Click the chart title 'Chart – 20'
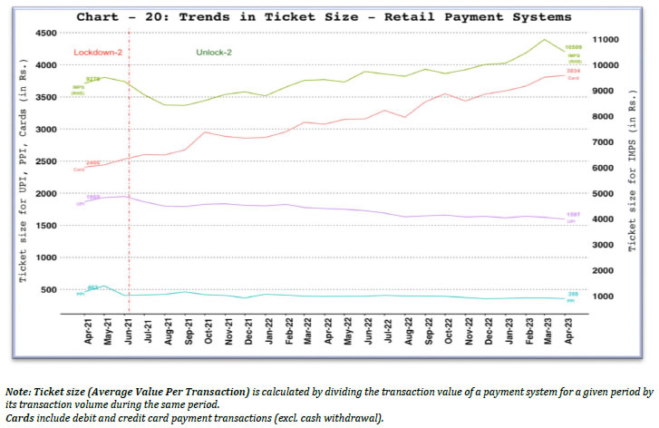click(x=324, y=17)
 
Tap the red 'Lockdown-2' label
click(x=97, y=53)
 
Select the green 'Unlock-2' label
click(x=215, y=53)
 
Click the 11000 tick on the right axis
click(x=604, y=40)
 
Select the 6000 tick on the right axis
click(x=601, y=168)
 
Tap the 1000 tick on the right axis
click(x=601, y=297)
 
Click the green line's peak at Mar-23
click(x=544, y=39)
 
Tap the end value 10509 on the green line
click(x=573, y=46)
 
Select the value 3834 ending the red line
click(x=573, y=71)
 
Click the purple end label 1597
click(x=573, y=214)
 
